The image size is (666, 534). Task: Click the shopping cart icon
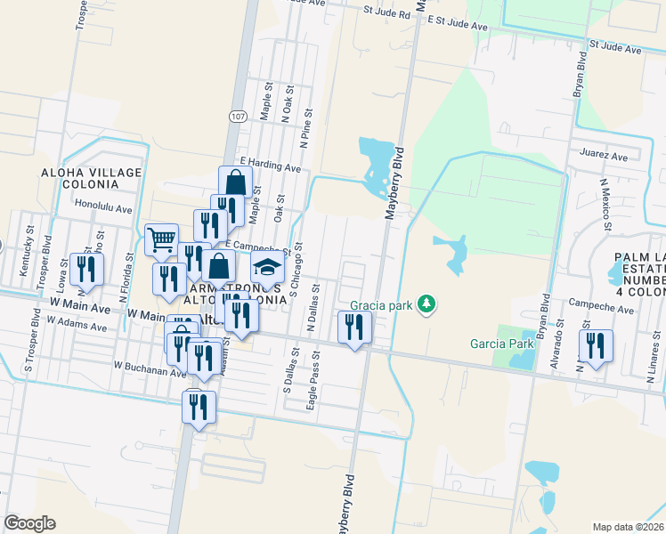click(x=160, y=239)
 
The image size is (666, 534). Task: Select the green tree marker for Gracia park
click(x=428, y=304)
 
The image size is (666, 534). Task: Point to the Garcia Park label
click(x=501, y=344)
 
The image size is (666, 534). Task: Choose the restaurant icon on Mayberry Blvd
click(x=354, y=328)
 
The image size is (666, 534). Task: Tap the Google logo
click(x=29, y=523)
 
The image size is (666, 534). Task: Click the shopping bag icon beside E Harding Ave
click(x=235, y=182)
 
